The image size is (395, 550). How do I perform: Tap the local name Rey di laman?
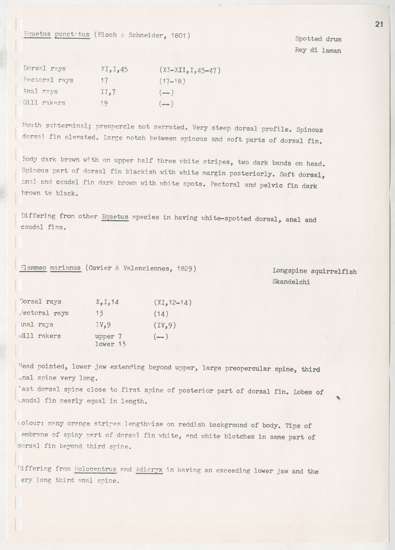[318, 50]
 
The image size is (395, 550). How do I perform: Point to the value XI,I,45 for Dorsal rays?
[114, 69]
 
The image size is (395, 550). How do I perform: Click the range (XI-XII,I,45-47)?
[189, 70]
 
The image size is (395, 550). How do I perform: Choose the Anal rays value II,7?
[108, 92]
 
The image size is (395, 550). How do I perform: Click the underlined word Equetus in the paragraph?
[115, 216]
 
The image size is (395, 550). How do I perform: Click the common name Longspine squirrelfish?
[315, 271]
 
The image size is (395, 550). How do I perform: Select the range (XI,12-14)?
[172, 302]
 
